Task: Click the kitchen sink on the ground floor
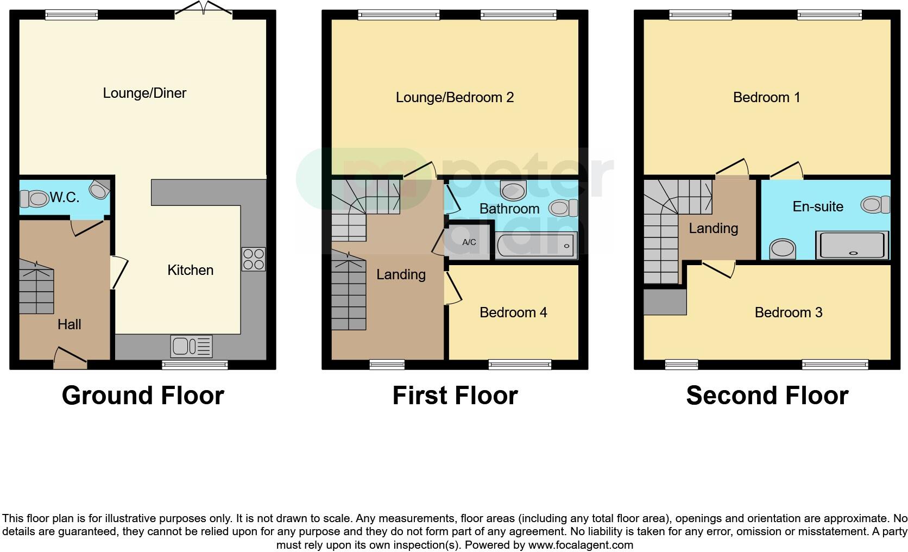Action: pyautogui.click(x=191, y=347)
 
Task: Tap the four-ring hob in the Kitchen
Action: pyautogui.click(x=254, y=259)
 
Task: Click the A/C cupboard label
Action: pyautogui.click(x=469, y=242)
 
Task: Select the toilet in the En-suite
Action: pyautogui.click(x=875, y=205)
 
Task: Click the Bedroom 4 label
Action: pyautogui.click(x=513, y=312)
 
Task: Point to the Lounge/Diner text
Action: pyautogui.click(x=144, y=93)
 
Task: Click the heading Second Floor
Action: pyautogui.click(x=767, y=396)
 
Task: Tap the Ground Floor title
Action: pyautogui.click(x=143, y=396)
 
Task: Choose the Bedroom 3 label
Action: pyautogui.click(x=789, y=312)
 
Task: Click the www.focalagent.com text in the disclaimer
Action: pyautogui.click(x=580, y=545)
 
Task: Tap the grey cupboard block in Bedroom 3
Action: pyautogui.click(x=665, y=302)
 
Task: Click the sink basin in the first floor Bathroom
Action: pyautogui.click(x=513, y=191)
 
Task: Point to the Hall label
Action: pyautogui.click(x=70, y=324)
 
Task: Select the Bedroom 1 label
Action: pyautogui.click(x=766, y=97)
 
